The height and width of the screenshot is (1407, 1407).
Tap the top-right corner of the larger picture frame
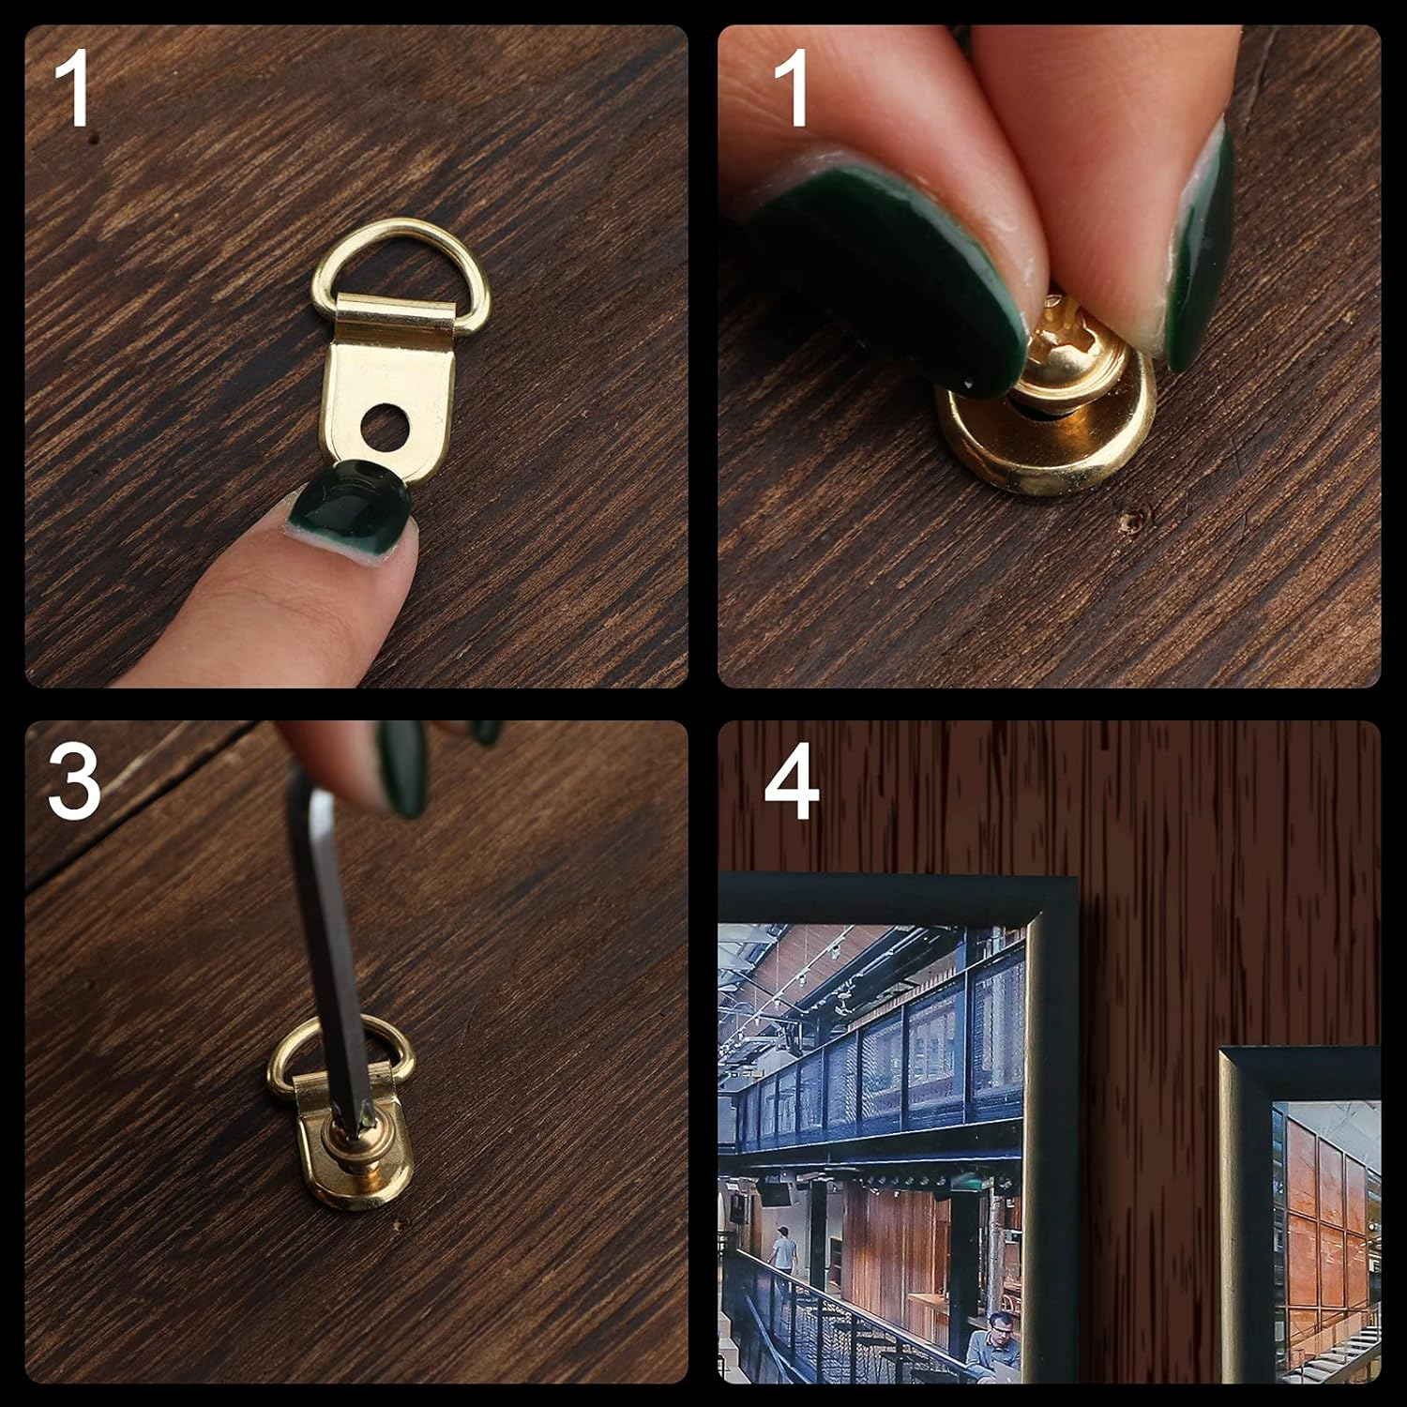[x=1077, y=876]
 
